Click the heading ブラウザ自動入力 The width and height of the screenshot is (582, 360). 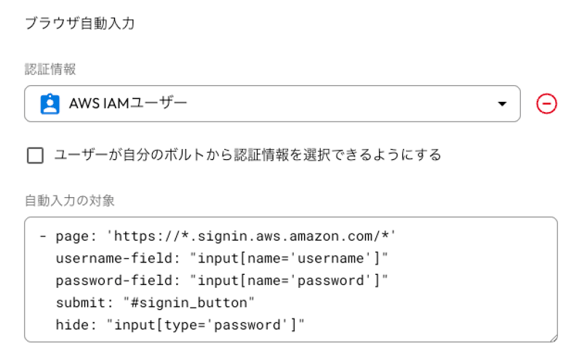[x=80, y=23]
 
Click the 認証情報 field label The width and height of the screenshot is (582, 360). [x=50, y=69]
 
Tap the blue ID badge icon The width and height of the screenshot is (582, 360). [x=49, y=103]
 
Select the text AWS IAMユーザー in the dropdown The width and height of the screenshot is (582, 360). [x=128, y=103]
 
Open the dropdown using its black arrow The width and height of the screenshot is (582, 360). [x=502, y=104]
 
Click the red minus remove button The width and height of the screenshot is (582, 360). [x=546, y=103]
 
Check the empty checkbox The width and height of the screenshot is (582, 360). [x=35, y=155]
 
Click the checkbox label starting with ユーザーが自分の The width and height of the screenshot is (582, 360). [x=247, y=155]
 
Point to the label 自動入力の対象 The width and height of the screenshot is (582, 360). [x=69, y=201]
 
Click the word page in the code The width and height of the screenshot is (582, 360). [x=72, y=237]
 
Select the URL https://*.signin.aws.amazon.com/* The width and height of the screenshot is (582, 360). [x=251, y=236]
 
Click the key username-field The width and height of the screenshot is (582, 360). [x=114, y=258]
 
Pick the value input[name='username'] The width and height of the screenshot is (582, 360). [x=288, y=258]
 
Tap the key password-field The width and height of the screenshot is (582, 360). [x=114, y=281]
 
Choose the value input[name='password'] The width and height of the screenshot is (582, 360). [x=288, y=281]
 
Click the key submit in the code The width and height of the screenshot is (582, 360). [x=81, y=303]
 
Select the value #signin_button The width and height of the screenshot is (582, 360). [x=189, y=303]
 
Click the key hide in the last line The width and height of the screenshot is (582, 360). [x=72, y=325]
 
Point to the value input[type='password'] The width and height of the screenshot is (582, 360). [x=205, y=325]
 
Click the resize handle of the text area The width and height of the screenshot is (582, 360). [x=554, y=338]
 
